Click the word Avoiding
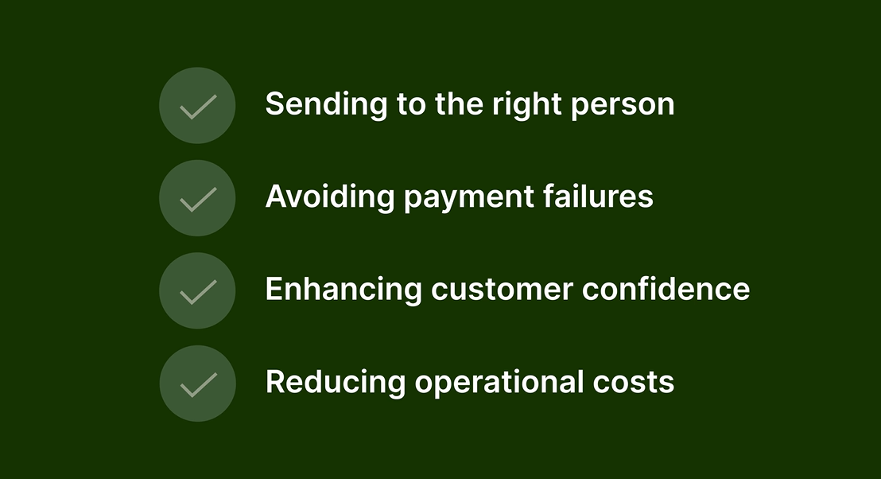[330, 197]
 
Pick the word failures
[598, 197]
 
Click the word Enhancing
[343, 289]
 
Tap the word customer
[502, 290]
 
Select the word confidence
[666, 289]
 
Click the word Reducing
[336, 382]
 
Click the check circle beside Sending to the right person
[197, 106]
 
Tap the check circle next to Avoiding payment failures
[197, 198]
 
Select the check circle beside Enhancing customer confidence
[197, 290]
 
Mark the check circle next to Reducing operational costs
[198, 384]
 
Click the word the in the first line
[459, 104]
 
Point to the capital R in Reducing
[277, 382]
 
